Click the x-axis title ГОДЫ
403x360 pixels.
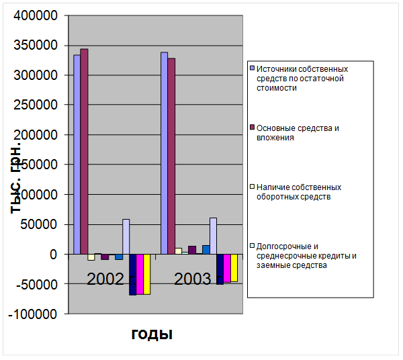tap(152, 334)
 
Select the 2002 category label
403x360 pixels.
tap(105, 279)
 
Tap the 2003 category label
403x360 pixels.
tap(193, 279)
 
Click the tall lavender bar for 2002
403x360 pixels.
tap(77, 154)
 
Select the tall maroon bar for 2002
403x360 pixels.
tap(84, 151)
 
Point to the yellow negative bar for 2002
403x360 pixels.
tap(146, 274)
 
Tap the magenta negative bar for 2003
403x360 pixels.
tap(227, 269)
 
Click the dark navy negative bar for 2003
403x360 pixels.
tap(220, 269)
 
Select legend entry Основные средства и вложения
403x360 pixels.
tap(296, 132)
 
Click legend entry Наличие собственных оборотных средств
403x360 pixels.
tap(299, 191)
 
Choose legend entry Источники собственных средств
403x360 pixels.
tap(302, 78)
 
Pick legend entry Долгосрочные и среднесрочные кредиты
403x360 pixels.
tap(306, 255)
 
